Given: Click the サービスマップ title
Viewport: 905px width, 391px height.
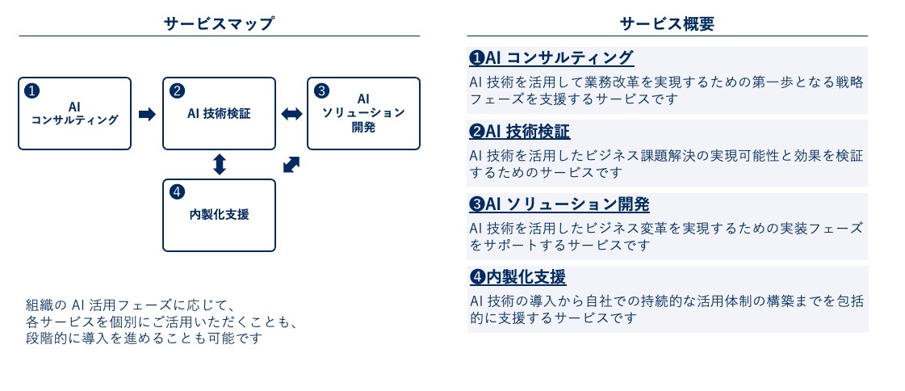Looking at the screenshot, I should point(219,23).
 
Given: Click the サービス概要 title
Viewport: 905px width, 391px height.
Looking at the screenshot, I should point(667,23).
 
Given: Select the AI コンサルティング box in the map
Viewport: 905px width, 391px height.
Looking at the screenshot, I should point(74,114).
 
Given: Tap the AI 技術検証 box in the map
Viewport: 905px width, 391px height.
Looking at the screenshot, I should point(219,114).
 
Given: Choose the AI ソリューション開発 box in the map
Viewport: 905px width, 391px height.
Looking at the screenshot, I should point(363,114).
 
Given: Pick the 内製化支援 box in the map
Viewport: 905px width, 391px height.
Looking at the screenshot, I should point(219,215).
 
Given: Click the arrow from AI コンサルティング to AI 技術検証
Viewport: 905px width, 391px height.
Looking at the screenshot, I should point(147,115).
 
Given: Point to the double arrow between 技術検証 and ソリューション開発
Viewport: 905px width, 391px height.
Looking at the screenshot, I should point(291,115).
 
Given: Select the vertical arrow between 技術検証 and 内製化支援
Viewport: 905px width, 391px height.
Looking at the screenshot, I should point(219,165).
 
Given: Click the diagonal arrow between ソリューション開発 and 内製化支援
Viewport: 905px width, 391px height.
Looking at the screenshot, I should point(291,164).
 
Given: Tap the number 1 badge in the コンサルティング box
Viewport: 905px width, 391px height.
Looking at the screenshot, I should point(31,90).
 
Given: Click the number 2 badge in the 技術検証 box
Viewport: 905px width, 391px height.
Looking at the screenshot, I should point(177,90).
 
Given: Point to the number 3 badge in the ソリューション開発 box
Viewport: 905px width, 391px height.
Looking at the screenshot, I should point(321,90).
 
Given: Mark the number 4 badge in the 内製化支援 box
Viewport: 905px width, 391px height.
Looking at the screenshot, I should point(177,191).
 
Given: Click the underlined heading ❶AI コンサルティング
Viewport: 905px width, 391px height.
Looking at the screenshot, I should point(551,58).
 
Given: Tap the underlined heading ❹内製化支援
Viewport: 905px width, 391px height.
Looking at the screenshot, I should point(517,277).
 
